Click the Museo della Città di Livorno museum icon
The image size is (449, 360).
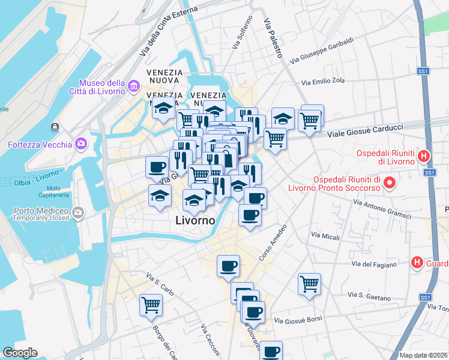pos(133,87)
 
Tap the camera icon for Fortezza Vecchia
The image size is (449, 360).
pos(81,144)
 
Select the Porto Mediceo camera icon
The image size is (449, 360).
pos(78,213)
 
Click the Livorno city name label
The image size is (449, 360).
pos(195,220)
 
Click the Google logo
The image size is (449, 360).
pos(20,353)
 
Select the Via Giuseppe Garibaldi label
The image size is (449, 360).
pos(321,51)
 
